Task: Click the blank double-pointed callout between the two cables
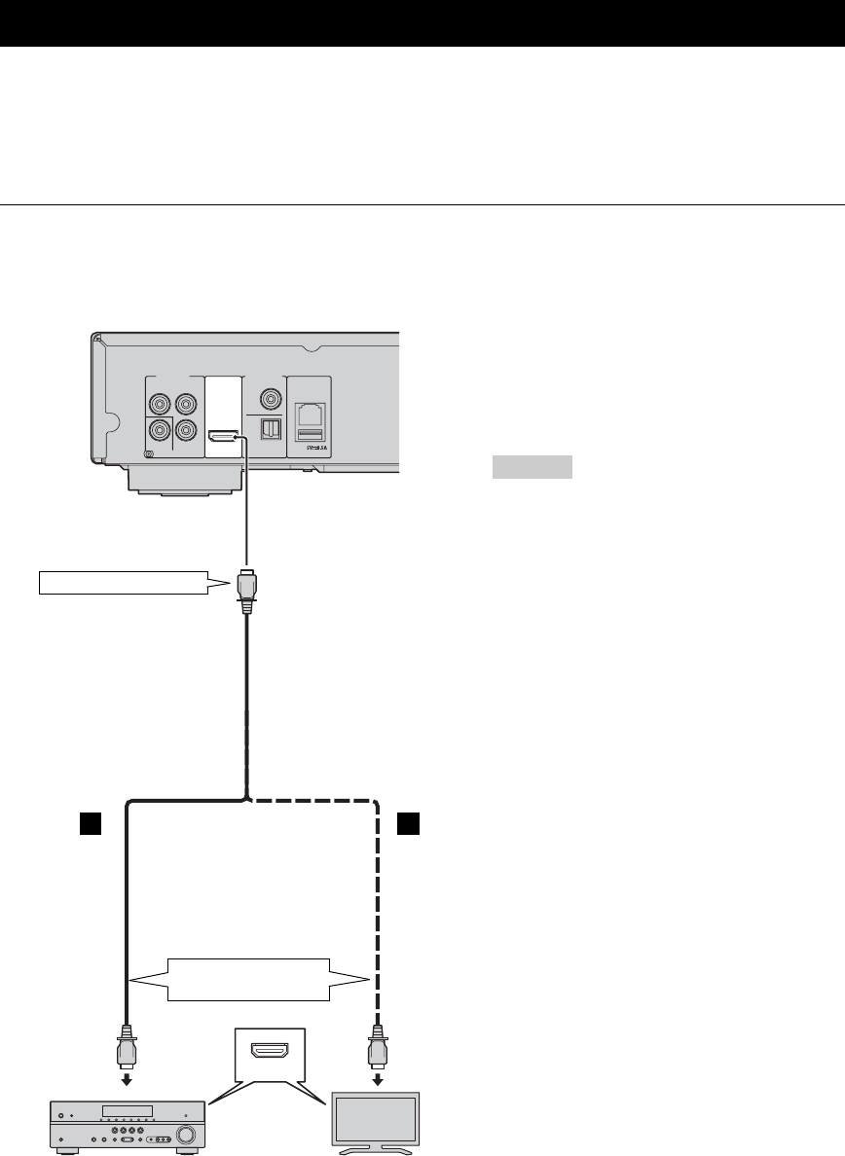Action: click(x=249, y=978)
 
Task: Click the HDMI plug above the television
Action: click(x=376, y=1050)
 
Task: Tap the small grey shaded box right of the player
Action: click(x=531, y=468)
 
